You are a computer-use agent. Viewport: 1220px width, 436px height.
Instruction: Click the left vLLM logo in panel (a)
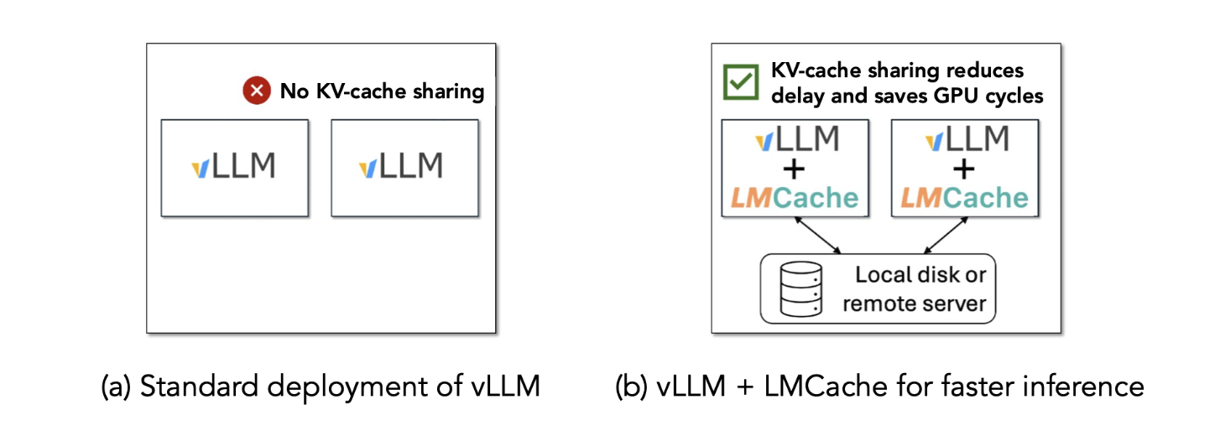(233, 166)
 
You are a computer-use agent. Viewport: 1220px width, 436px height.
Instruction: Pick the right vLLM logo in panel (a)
(401, 166)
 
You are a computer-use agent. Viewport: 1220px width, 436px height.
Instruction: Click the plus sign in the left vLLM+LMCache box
(794, 169)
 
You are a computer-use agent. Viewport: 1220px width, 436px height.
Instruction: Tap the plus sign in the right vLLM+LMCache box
(965, 169)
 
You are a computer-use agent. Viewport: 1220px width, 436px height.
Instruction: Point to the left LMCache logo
(794, 198)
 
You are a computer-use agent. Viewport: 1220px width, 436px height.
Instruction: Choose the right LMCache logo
(965, 198)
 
